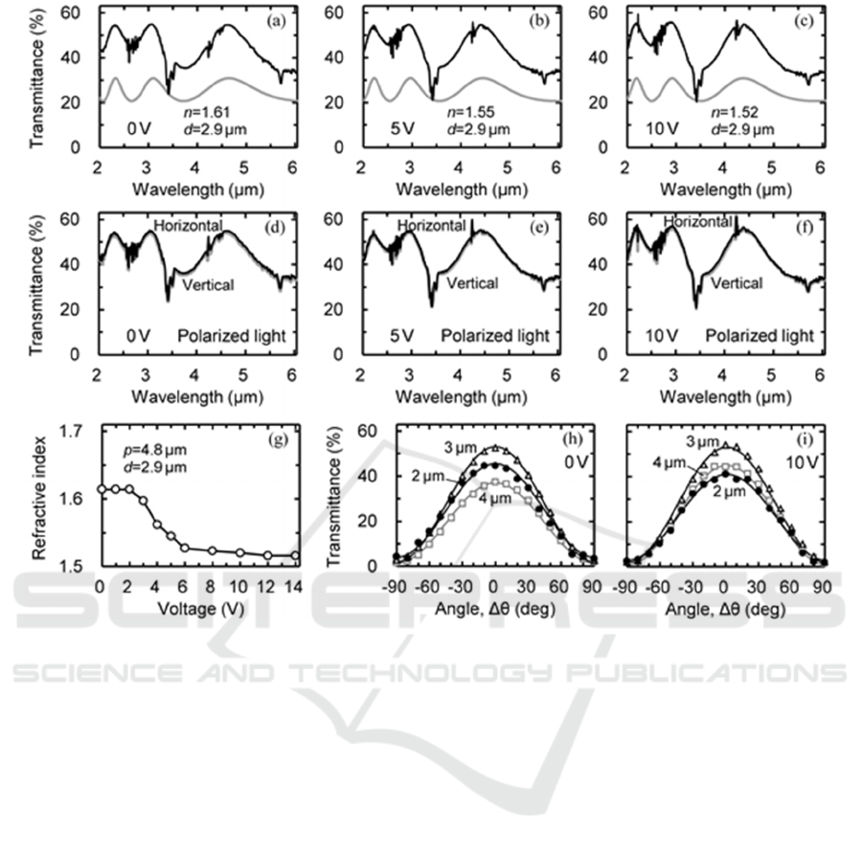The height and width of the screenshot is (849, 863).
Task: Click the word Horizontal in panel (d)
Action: click(x=189, y=226)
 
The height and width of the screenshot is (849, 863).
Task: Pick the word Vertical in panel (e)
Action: click(x=472, y=283)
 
